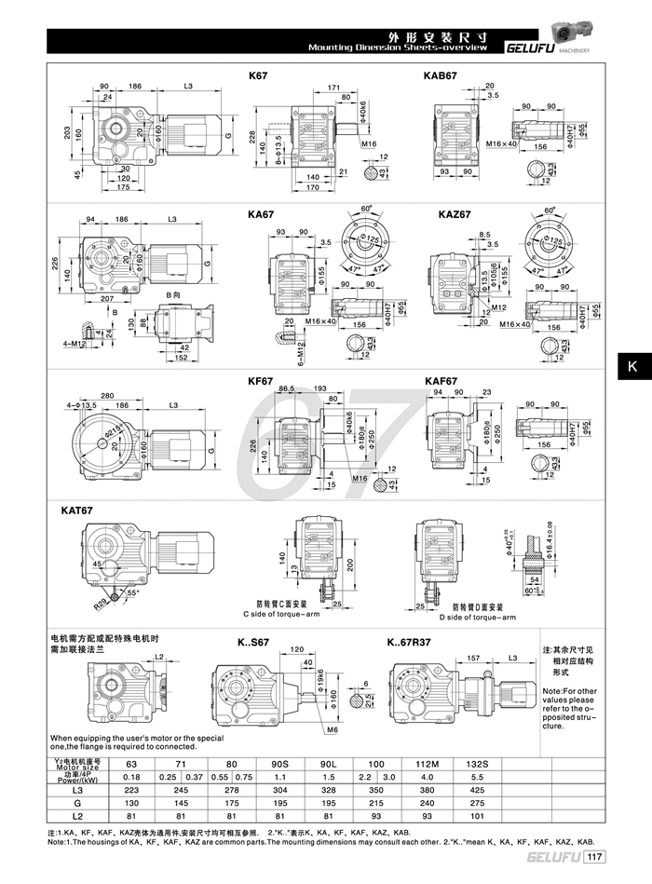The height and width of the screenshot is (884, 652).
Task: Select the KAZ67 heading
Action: [x=455, y=214]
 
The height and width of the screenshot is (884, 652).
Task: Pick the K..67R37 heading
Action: [x=411, y=642]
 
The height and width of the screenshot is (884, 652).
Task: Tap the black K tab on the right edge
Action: [x=631, y=367]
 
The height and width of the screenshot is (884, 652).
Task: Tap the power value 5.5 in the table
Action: [x=475, y=776]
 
